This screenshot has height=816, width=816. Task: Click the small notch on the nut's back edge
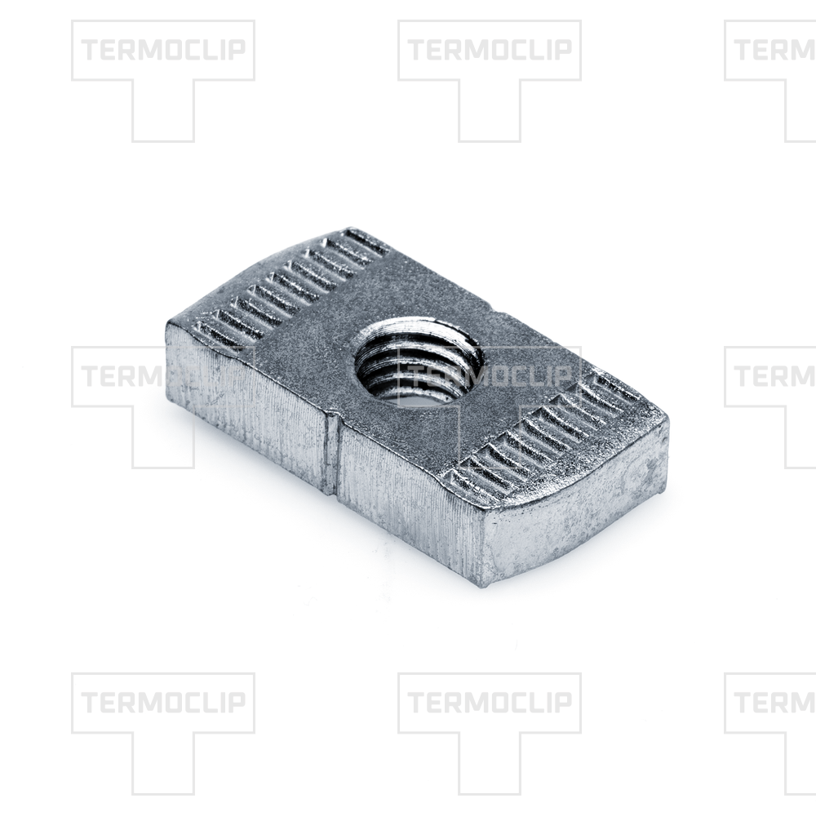pos(496,309)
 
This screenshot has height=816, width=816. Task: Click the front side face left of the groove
pos(247,401)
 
